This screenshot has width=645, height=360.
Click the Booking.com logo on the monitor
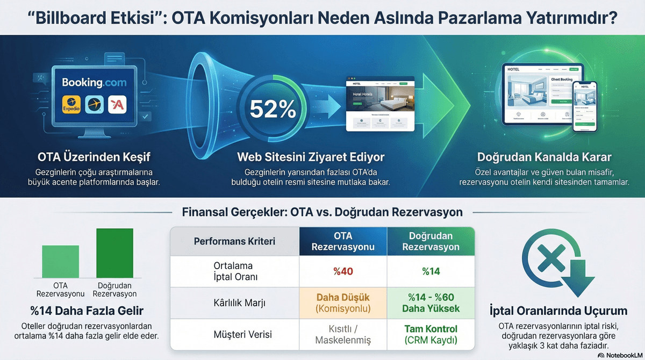(94, 82)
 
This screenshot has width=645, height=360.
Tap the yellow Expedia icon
(71, 104)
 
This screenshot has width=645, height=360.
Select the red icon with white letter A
(117, 104)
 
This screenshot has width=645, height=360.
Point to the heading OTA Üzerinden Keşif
(94, 157)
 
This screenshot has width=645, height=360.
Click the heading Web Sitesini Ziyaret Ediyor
(311, 157)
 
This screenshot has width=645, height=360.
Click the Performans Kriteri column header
(234, 241)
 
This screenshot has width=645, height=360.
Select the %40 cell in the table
(343, 271)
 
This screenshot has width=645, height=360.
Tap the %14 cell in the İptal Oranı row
(431, 271)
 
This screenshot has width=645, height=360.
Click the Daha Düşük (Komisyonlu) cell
(343, 303)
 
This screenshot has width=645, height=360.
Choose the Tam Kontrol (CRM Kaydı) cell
(431, 334)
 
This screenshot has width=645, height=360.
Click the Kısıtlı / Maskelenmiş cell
(343, 334)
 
